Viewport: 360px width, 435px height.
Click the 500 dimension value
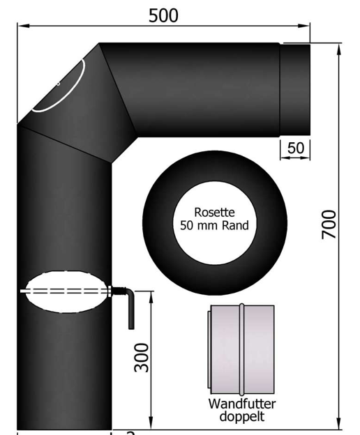[x=163, y=15]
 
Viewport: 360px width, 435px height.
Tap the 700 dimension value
[x=329, y=224]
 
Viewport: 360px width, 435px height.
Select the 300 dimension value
[x=142, y=358]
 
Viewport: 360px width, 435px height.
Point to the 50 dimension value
[x=296, y=148]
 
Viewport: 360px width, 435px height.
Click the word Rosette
[x=214, y=213]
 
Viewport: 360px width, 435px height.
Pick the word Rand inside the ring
[x=235, y=225]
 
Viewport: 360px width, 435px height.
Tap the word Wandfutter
[x=242, y=404]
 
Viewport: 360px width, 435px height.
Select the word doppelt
[x=242, y=416]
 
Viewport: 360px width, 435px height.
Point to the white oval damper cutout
[x=66, y=292]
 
